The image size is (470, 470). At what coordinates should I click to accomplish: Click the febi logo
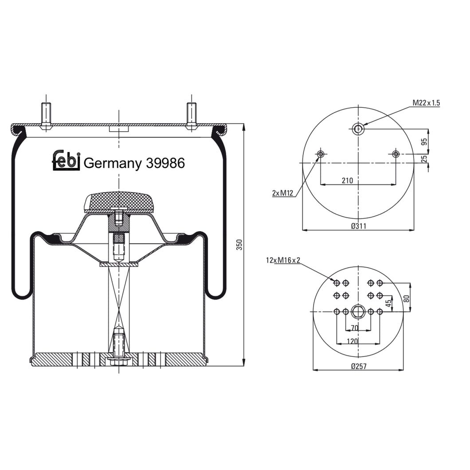pyautogui.click(x=67, y=160)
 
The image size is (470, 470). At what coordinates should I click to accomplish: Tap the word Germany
pyautogui.click(x=112, y=164)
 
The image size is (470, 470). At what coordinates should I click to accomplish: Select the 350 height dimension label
pyautogui.click(x=239, y=245)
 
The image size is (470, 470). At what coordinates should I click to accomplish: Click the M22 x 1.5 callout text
pyautogui.click(x=426, y=103)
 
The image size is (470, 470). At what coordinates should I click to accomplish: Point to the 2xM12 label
pyautogui.click(x=282, y=193)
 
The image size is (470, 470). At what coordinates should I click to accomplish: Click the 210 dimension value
pyautogui.click(x=347, y=180)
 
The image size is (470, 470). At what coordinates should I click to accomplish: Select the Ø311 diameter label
pyautogui.click(x=358, y=226)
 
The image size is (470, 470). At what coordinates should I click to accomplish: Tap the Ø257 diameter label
pyautogui.click(x=358, y=366)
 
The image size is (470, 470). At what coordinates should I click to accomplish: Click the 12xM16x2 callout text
pyautogui.click(x=283, y=260)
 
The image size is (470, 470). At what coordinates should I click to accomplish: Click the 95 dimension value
pyautogui.click(x=424, y=142)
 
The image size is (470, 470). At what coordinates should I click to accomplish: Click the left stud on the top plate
pyautogui.click(x=46, y=114)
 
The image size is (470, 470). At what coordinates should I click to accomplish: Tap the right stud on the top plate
pyautogui.click(x=192, y=114)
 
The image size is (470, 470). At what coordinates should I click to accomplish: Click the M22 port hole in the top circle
pyautogui.click(x=358, y=129)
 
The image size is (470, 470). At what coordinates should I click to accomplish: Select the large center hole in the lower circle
pyautogui.click(x=358, y=312)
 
